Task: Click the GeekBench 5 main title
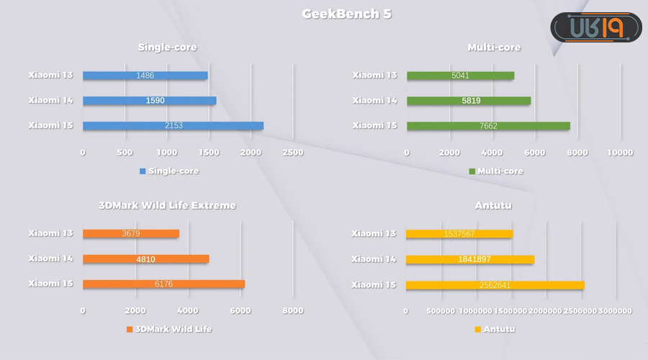point(346,14)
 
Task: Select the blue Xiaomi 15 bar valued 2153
point(173,126)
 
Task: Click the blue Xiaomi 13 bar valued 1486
point(145,76)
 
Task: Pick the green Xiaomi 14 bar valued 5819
point(469,101)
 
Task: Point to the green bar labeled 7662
point(488,126)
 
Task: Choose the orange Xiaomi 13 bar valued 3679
point(131,233)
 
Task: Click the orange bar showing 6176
point(163,284)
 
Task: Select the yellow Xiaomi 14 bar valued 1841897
point(470,258)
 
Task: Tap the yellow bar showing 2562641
point(495,284)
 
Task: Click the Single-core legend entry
point(169,171)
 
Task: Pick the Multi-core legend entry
point(496,171)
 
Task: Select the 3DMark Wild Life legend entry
point(169,329)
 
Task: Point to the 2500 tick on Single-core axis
point(292,153)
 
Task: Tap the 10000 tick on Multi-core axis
point(620,153)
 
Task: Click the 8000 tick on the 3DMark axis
point(292,310)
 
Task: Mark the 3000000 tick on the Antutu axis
point(614,310)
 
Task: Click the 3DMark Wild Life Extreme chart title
point(167,205)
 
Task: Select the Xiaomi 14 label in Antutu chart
point(374,258)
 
